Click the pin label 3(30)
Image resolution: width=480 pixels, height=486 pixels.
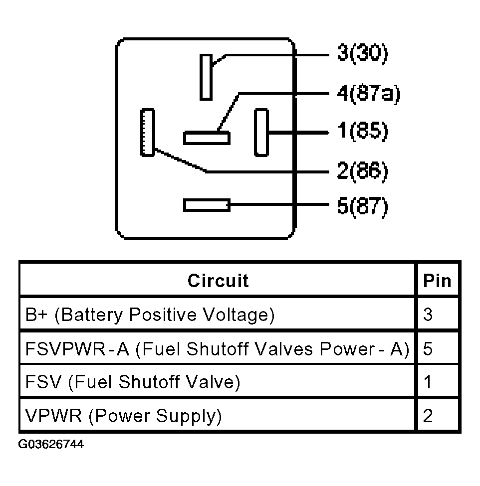[x=363, y=53]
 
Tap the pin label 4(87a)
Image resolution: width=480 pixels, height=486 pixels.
[x=369, y=93]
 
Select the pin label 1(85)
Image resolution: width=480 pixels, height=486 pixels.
[x=363, y=131]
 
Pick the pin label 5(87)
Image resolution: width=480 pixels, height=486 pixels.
[x=363, y=206]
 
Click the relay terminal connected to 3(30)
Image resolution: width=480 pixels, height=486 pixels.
[x=206, y=77]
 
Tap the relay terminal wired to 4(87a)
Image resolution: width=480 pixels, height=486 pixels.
[x=207, y=138]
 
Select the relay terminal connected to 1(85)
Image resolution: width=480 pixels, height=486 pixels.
[x=261, y=132]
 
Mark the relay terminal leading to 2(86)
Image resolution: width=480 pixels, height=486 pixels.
[x=147, y=132]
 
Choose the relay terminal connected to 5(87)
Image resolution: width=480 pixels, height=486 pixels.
[x=207, y=205]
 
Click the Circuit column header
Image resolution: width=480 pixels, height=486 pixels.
[x=218, y=281]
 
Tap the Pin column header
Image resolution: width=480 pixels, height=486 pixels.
[x=437, y=281]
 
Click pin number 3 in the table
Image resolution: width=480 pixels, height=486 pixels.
[x=428, y=315]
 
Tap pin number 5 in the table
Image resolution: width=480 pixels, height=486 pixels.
[x=428, y=349]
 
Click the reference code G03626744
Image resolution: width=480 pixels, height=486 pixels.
[x=51, y=445]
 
